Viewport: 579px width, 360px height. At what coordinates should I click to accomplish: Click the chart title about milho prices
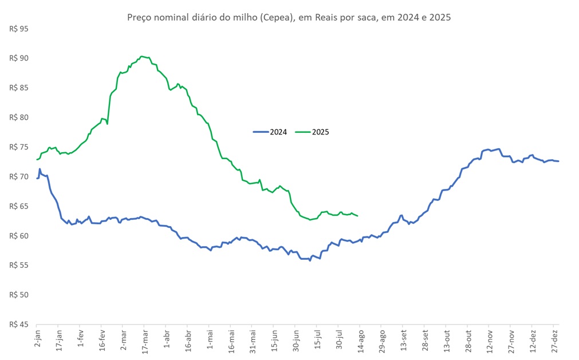point(289,17)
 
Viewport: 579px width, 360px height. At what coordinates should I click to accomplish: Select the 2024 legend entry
point(270,132)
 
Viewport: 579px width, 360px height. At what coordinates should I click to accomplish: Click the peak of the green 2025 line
point(142,56)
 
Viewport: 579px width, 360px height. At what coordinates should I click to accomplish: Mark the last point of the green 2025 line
point(358,216)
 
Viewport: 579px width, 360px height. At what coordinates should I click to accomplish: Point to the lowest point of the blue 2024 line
point(310,260)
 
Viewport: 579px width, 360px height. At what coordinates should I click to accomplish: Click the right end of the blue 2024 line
point(559,161)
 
